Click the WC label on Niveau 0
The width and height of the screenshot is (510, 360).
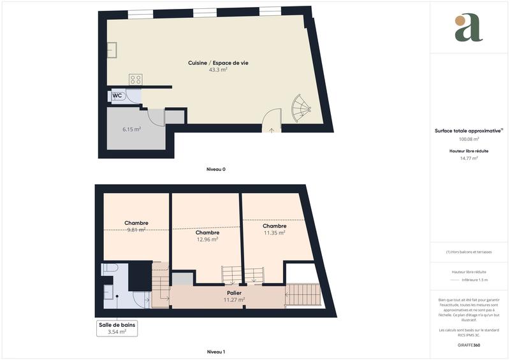point(117,96)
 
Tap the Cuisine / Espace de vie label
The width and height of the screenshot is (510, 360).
point(218,62)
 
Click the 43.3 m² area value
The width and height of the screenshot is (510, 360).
point(218,70)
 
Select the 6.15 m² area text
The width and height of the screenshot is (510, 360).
point(132,129)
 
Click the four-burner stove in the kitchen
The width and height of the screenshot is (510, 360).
point(136,80)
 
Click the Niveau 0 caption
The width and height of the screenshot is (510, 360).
point(216,169)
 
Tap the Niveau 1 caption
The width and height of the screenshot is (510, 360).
point(216,352)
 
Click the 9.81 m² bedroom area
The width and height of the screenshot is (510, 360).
point(136,230)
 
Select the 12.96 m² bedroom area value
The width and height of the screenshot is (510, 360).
point(207,240)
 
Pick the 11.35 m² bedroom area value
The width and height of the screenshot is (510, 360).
point(274,233)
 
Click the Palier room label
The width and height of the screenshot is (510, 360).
point(234,292)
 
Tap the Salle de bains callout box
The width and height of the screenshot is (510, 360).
point(117,328)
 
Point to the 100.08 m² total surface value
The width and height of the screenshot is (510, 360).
point(469,139)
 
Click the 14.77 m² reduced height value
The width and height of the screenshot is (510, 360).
point(469,159)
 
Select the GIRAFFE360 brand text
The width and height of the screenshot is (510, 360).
point(469,345)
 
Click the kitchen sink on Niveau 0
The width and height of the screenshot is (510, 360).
point(111,49)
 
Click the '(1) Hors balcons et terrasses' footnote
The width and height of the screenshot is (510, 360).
point(469,252)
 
